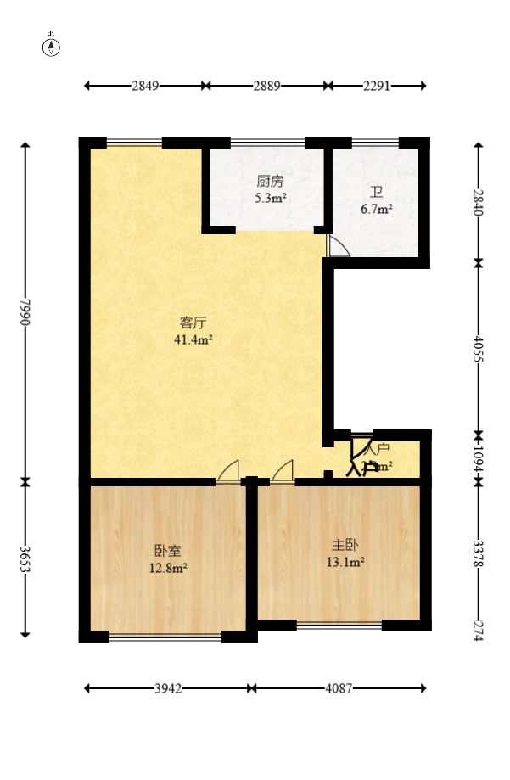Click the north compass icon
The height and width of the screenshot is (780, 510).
pyautogui.click(x=52, y=46)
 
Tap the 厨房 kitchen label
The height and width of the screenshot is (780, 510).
pyautogui.click(x=270, y=181)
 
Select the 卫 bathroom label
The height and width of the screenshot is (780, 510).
pyautogui.click(x=375, y=192)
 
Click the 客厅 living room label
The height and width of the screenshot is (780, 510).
pyautogui.click(x=193, y=323)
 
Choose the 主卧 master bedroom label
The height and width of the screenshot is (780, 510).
pyautogui.click(x=346, y=544)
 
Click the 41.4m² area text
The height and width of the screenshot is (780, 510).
pyautogui.click(x=193, y=339)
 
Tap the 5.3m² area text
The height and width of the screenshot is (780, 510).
pyautogui.click(x=271, y=198)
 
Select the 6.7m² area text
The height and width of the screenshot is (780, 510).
pyautogui.click(x=375, y=209)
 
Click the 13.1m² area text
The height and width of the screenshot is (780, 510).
pyautogui.click(x=346, y=561)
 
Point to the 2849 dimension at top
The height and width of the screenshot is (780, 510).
pyautogui.click(x=145, y=86)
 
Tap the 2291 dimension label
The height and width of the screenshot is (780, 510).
pyautogui.click(x=377, y=86)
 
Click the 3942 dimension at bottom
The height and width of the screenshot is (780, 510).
pyautogui.click(x=168, y=689)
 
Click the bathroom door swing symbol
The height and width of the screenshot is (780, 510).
pyautogui.click(x=338, y=246)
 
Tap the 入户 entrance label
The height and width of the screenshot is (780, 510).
pyautogui.click(x=378, y=448)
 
